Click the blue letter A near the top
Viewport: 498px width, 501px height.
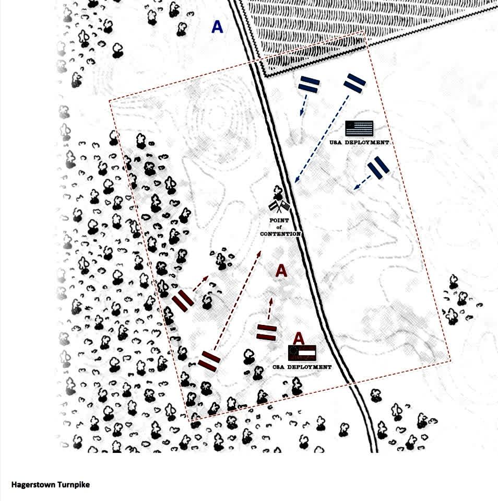[x=217, y=27]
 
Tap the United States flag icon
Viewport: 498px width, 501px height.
[x=359, y=129]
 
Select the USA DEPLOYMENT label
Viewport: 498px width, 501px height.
[x=359, y=143]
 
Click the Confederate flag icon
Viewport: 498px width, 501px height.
[x=302, y=353]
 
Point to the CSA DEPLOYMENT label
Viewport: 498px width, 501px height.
[x=302, y=367]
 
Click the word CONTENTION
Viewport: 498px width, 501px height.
[x=280, y=234]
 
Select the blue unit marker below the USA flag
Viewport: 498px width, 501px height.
[x=378, y=167]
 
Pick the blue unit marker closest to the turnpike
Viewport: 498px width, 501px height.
[x=309, y=85]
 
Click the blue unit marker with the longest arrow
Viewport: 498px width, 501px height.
[x=354, y=84]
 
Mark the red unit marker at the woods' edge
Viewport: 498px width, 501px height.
[x=183, y=301]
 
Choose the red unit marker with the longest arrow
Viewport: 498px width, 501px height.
[x=209, y=361]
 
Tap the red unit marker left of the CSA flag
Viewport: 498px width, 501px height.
[x=267, y=332]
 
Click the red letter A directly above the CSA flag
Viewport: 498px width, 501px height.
[x=299, y=339]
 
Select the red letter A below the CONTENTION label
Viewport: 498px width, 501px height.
[x=281, y=271]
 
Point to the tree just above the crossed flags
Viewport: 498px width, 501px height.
[x=278, y=193]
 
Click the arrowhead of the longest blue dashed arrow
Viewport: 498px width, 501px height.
[x=297, y=180]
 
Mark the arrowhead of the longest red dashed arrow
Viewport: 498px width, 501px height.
[x=259, y=254]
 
